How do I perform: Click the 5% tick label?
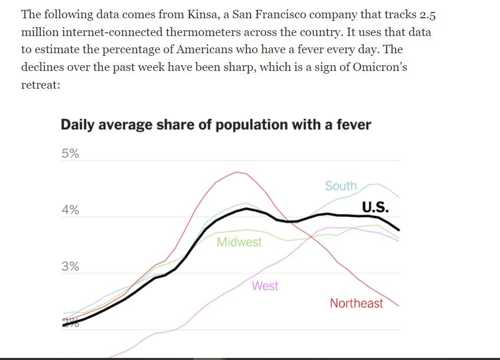pos(70,154)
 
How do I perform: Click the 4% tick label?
pos(70,210)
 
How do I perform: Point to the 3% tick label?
pos(70,267)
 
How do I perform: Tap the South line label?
pos(341,186)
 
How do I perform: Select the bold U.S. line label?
pos(375,207)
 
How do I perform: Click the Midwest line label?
pos(239,242)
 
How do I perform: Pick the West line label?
pos(265,286)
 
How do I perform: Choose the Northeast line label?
pos(356,303)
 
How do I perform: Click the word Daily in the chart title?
pos(78,125)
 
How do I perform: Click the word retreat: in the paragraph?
pos(41,85)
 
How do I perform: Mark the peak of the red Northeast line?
pos(236,172)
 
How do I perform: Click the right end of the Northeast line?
pos(399,306)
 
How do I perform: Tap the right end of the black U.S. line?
pos(399,230)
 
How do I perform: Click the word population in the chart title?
pos(233,125)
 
